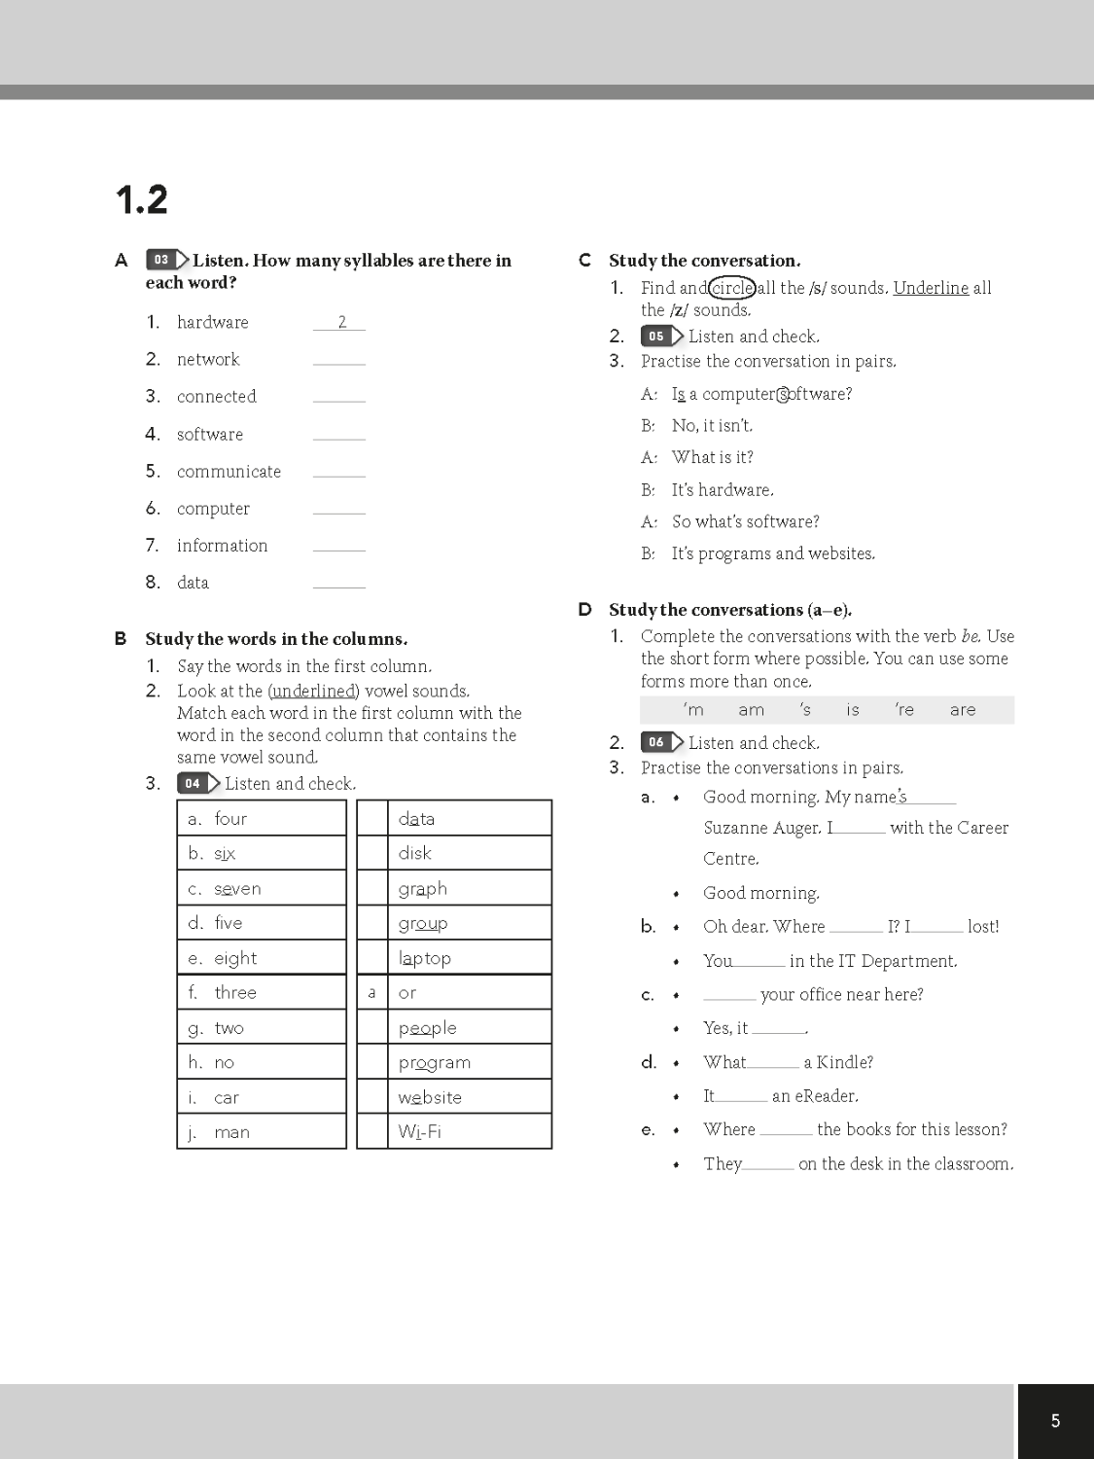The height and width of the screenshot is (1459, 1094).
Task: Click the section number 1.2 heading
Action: pyautogui.click(x=141, y=200)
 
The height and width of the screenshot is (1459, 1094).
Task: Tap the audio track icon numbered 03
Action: pyautogui.click(x=167, y=260)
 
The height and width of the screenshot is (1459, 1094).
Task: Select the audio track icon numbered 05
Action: pyautogui.click(x=661, y=337)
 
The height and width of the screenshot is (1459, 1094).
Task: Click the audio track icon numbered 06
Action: pyautogui.click(x=661, y=743)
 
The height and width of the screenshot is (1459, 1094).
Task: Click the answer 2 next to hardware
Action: pyautogui.click(x=341, y=322)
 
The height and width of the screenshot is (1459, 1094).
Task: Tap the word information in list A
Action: pyautogui.click(x=222, y=546)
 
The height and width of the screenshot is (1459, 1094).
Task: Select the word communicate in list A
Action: pyautogui.click(x=229, y=472)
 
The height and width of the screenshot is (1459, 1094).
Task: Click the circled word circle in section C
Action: pyautogui.click(x=732, y=288)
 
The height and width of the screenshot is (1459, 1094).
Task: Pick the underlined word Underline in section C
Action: pyautogui.click(x=931, y=288)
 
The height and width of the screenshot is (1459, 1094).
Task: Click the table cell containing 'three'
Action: pyautogui.click(x=262, y=993)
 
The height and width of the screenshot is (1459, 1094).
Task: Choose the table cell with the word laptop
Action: pyautogui.click(x=469, y=958)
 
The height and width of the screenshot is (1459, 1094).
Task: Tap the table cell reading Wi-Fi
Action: pyautogui.click(x=469, y=1132)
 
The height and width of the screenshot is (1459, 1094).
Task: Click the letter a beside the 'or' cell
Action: pyautogui.click(x=371, y=993)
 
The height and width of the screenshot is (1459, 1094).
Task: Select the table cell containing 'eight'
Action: pyautogui.click(x=262, y=958)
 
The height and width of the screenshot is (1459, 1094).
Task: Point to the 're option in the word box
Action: pyautogui.click(x=904, y=710)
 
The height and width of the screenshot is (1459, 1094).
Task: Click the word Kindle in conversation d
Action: pyautogui.click(x=844, y=1062)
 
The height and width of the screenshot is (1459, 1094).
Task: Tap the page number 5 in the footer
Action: pyautogui.click(x=1055, y=1421)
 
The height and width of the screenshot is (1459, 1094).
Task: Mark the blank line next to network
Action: pyautogui.click(x=339, y=360)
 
